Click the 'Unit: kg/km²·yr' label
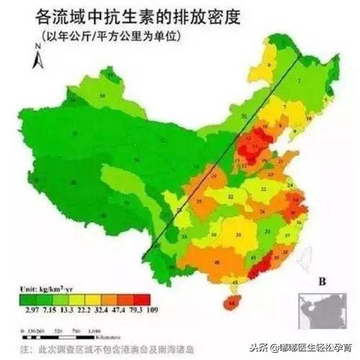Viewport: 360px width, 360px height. coord(42,286)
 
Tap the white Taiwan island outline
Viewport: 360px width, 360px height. coord(303,253)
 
